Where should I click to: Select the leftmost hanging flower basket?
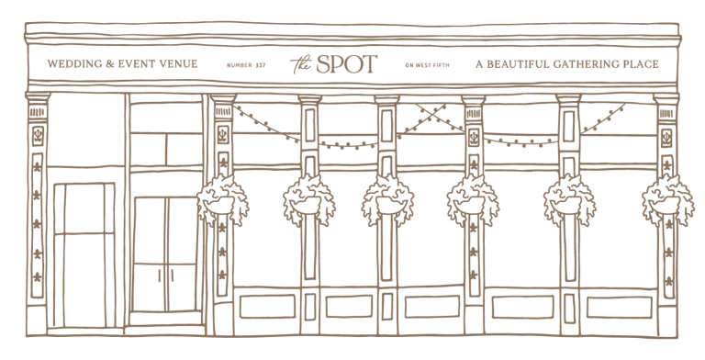coord(220,197)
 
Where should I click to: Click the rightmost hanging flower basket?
coord(668,197)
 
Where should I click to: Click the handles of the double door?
coord(164,273)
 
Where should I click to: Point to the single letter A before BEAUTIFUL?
coord(478,65)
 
